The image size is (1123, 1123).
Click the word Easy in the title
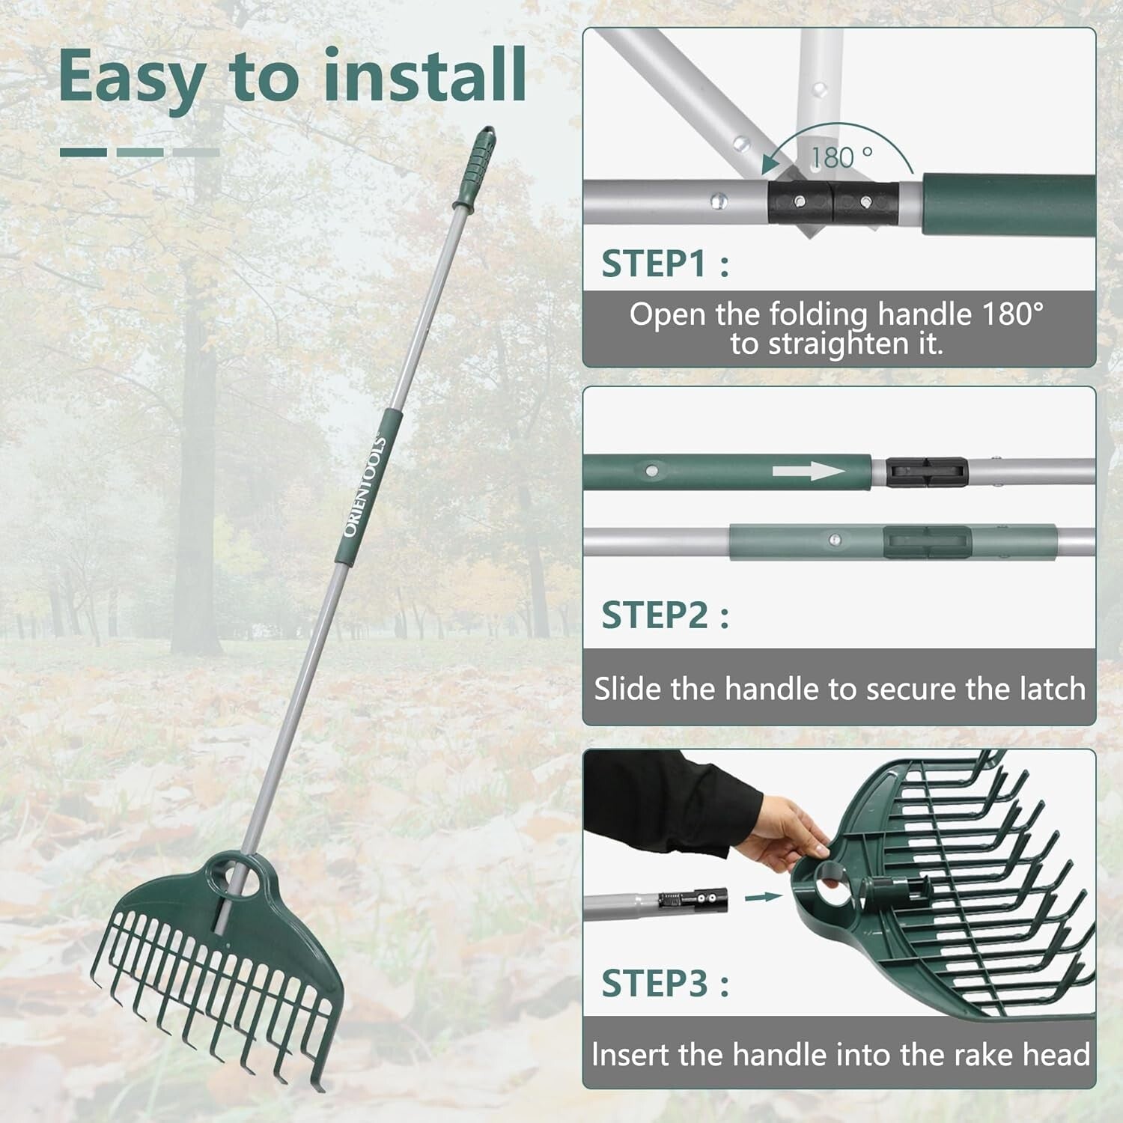132,77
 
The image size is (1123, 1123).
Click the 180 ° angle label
842,157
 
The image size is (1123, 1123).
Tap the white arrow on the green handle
809,472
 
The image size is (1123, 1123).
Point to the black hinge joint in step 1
833,203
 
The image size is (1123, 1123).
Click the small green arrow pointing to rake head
763,896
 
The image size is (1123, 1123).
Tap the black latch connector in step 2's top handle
927,472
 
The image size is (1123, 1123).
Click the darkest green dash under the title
83,152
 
